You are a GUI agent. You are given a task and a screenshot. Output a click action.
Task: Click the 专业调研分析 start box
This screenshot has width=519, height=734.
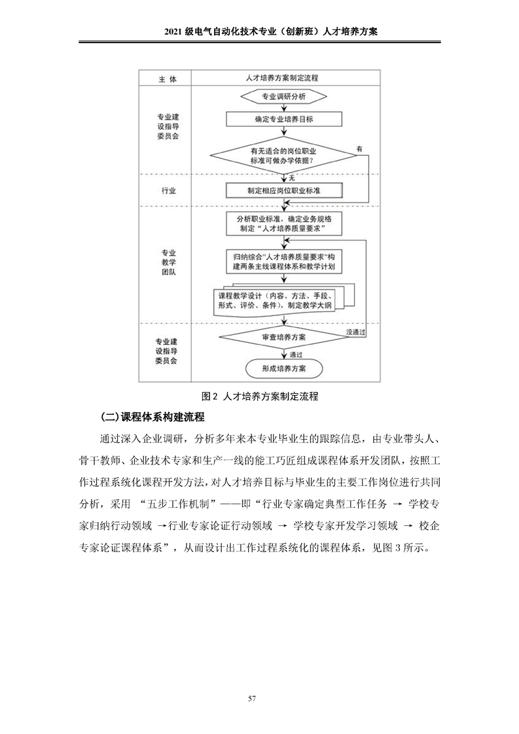tap(283, 97)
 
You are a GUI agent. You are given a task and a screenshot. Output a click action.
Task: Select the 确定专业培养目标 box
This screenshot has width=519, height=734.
tap(283, 119)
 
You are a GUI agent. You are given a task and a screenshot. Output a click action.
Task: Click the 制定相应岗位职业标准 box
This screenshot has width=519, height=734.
tap(283, 190)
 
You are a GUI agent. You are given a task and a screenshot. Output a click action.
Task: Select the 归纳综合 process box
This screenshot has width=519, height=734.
tap(283, 260)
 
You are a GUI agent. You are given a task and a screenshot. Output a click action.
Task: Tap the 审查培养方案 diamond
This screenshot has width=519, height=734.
tap(283, 337)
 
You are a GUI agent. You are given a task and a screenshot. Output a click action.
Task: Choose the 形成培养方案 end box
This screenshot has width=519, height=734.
tap(283, 368)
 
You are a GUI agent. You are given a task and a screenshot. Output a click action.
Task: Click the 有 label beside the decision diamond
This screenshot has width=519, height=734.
tap(359, 149)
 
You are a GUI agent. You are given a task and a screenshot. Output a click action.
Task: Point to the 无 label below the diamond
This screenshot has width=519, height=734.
tap(291, 177)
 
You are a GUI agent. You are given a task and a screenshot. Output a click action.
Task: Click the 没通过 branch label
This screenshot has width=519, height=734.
tap(355, 332)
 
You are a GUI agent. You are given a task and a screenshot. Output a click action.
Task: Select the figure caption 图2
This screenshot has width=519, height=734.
tap(260, 395)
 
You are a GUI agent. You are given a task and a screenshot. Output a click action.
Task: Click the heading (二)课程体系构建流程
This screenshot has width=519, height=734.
tap(152, 417)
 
